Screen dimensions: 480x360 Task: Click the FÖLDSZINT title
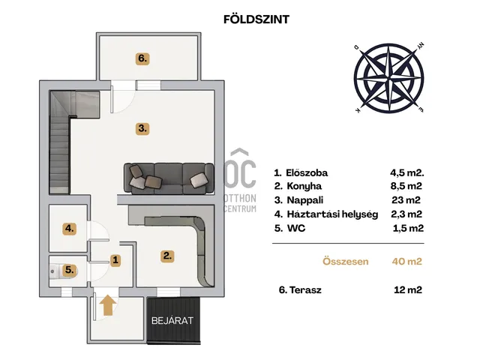point(256,19)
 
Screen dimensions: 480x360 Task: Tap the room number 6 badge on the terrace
point(142,58)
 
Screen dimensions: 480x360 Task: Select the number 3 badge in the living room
point(142,128)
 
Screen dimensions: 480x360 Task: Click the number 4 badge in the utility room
point(70,229)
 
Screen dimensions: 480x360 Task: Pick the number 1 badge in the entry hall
point(115,260)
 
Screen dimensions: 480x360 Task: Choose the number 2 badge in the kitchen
point(167,256)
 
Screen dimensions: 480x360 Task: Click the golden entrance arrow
point(108,305)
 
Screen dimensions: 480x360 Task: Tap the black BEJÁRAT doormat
point(173,320)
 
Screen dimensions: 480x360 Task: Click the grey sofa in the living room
point(169,178)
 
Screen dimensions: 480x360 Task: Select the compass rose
point(388,78)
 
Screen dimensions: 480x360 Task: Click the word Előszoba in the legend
point(307,173)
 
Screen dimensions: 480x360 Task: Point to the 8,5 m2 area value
point(406,186)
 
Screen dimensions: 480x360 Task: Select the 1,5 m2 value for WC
point(408,228)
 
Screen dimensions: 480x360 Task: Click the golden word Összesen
point(346,262)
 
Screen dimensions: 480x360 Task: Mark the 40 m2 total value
point(406,262)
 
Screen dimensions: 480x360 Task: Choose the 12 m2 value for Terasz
point(408,290)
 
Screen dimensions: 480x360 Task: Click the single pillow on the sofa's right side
point(199,180)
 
